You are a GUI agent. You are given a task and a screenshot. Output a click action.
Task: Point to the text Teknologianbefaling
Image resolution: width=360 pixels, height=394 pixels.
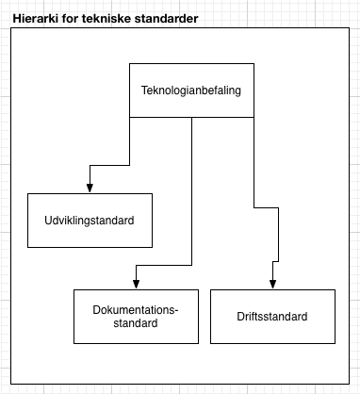click(x=191, y=90)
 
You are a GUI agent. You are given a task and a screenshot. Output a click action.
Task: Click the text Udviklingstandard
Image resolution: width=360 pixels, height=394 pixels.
click(x=90, y=221)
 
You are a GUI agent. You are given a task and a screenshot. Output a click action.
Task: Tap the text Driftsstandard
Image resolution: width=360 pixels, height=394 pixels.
click(x=272, y=317)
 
